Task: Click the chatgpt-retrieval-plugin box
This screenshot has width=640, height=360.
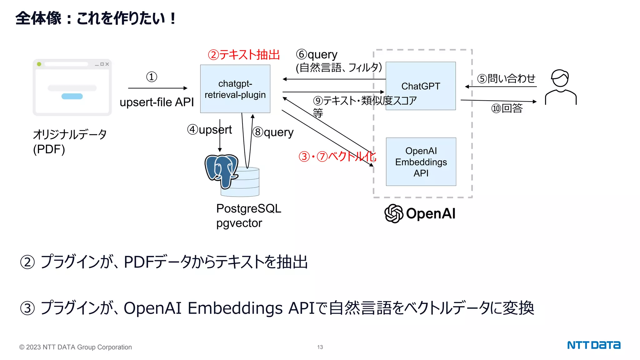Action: (x=235, y=89)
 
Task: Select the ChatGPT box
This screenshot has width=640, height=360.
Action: (x=421, y=86)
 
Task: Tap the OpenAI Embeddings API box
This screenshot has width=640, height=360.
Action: (x=421, y=162)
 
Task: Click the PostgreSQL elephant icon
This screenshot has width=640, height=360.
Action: (x=221, y=170)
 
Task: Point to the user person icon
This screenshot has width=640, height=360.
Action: (x=561, y=87)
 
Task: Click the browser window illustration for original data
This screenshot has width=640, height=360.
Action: (x=72, y=87)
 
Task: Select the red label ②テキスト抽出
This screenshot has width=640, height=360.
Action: (x=244, y=55)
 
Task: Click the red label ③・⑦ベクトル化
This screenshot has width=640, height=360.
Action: (x=337, y=156)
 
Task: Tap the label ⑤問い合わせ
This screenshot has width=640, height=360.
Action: (x=506, y=78)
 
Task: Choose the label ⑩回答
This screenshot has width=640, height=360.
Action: (x=507, y=108)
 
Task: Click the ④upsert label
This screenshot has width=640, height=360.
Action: (x=209, y=129)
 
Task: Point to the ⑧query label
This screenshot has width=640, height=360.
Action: (x=273, y=132)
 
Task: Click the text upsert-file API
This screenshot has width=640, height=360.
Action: (x=157, y=102)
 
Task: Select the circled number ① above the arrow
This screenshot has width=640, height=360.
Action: (x=152, y=77)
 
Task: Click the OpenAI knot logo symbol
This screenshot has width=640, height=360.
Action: (x=394, y=213)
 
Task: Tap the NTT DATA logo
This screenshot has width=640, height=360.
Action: (x=593, y=345)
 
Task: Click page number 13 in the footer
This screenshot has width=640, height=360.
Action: (x=320, y=347)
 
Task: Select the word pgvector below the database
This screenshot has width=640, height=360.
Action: (x=239, y=223)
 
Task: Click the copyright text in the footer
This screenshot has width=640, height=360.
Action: (x=75, y=347)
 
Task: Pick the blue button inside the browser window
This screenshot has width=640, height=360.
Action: (x=72, y=96)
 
